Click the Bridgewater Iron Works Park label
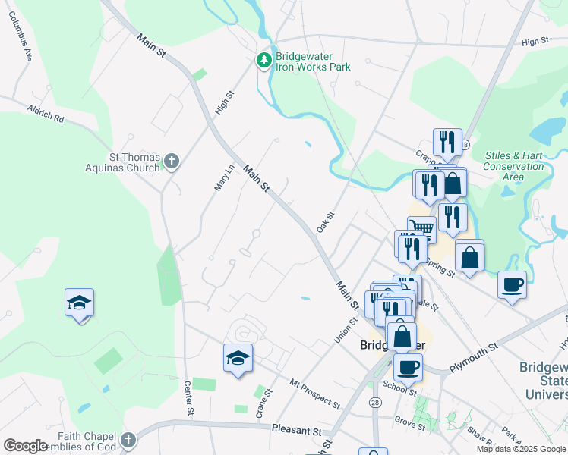313,61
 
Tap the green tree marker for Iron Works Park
264,60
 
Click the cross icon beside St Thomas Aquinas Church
172,161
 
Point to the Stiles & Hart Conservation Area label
513,166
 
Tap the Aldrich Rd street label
46,115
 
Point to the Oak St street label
326,223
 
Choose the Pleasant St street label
296,430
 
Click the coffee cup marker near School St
408,367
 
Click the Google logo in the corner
25,446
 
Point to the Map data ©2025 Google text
520,449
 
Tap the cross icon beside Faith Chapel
128,439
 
